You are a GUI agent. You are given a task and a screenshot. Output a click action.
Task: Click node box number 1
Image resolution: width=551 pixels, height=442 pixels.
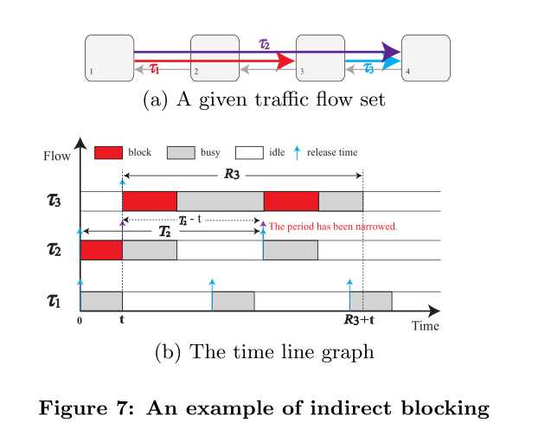[109, 57]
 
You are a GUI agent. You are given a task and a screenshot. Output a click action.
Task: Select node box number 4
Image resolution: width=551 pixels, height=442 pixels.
[426, 57]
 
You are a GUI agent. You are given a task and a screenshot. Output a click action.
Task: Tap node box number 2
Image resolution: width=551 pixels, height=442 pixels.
[215, 57]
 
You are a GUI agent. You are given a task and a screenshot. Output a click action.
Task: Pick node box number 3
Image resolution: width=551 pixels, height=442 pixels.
[320, 57]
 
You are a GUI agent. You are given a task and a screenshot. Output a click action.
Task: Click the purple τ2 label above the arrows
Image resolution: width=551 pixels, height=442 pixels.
[266, 42]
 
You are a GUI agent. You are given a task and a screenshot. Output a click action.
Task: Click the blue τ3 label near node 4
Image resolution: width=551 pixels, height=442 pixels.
[369, 67]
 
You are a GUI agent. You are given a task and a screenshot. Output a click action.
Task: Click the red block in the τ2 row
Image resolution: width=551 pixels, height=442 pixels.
[101, 250]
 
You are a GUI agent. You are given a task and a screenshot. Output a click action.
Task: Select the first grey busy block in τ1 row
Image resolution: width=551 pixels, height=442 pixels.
[101, 300]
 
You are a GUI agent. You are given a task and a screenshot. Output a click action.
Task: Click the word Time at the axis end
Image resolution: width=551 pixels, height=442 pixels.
[425, 326]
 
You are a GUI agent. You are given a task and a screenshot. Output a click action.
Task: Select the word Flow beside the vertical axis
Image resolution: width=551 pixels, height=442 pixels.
[57, 157]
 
